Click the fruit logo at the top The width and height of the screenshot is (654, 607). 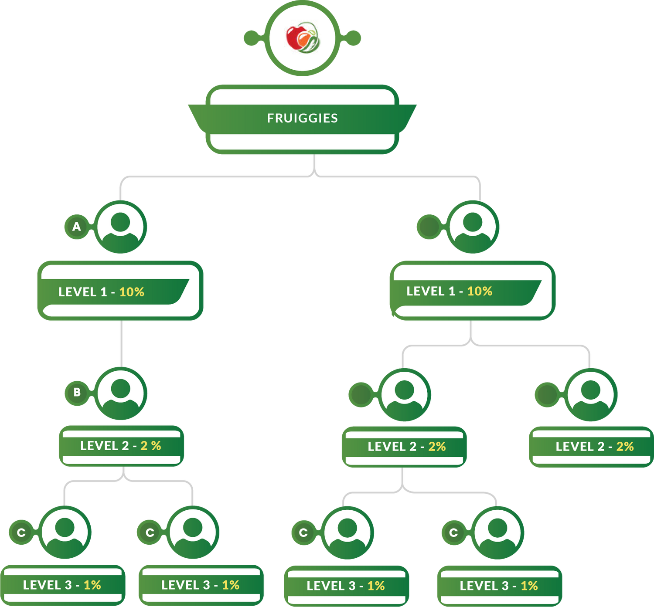click(302, 38)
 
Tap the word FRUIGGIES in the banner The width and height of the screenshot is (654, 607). click(302, 118)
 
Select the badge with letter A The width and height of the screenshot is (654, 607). click(77, 227)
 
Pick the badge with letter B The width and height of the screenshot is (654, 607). click(77, 392)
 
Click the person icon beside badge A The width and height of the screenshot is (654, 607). click(121, 227)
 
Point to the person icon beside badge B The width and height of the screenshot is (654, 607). click(121, 393)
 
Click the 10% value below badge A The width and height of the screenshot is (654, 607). click(132, 292)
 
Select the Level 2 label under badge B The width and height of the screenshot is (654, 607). click(121, 446)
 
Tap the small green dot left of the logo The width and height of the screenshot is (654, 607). click(251, 38)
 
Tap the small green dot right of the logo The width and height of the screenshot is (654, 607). click(354, 38)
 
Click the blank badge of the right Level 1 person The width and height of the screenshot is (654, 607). click(429, 227)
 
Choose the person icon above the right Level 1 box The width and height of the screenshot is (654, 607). click(473, 227)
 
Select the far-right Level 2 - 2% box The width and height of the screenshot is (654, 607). click(591, 447)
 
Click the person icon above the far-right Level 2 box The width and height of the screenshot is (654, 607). click(591, 394)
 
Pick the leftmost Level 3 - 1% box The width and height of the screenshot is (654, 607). click(62, 585)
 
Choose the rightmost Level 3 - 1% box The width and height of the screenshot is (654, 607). click(499, 586)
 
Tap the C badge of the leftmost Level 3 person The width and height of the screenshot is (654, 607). click(21, 532)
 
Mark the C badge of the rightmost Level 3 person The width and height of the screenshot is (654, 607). click(454, 532)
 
